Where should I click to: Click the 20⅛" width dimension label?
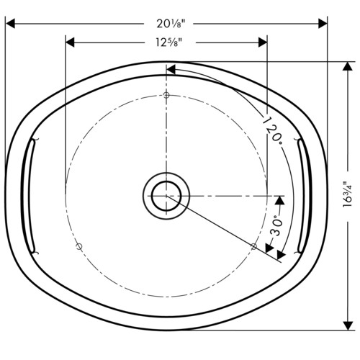(171, 24)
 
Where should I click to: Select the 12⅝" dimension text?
(168, 42)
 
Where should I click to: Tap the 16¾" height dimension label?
(348, 194)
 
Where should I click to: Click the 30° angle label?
(276, 226)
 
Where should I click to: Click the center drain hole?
(166, 196)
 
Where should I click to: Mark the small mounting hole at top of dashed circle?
(166, 95)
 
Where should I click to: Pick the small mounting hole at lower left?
(79, 246)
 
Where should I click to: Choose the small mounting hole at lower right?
(253, 246)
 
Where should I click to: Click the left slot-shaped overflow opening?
(28, 196)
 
